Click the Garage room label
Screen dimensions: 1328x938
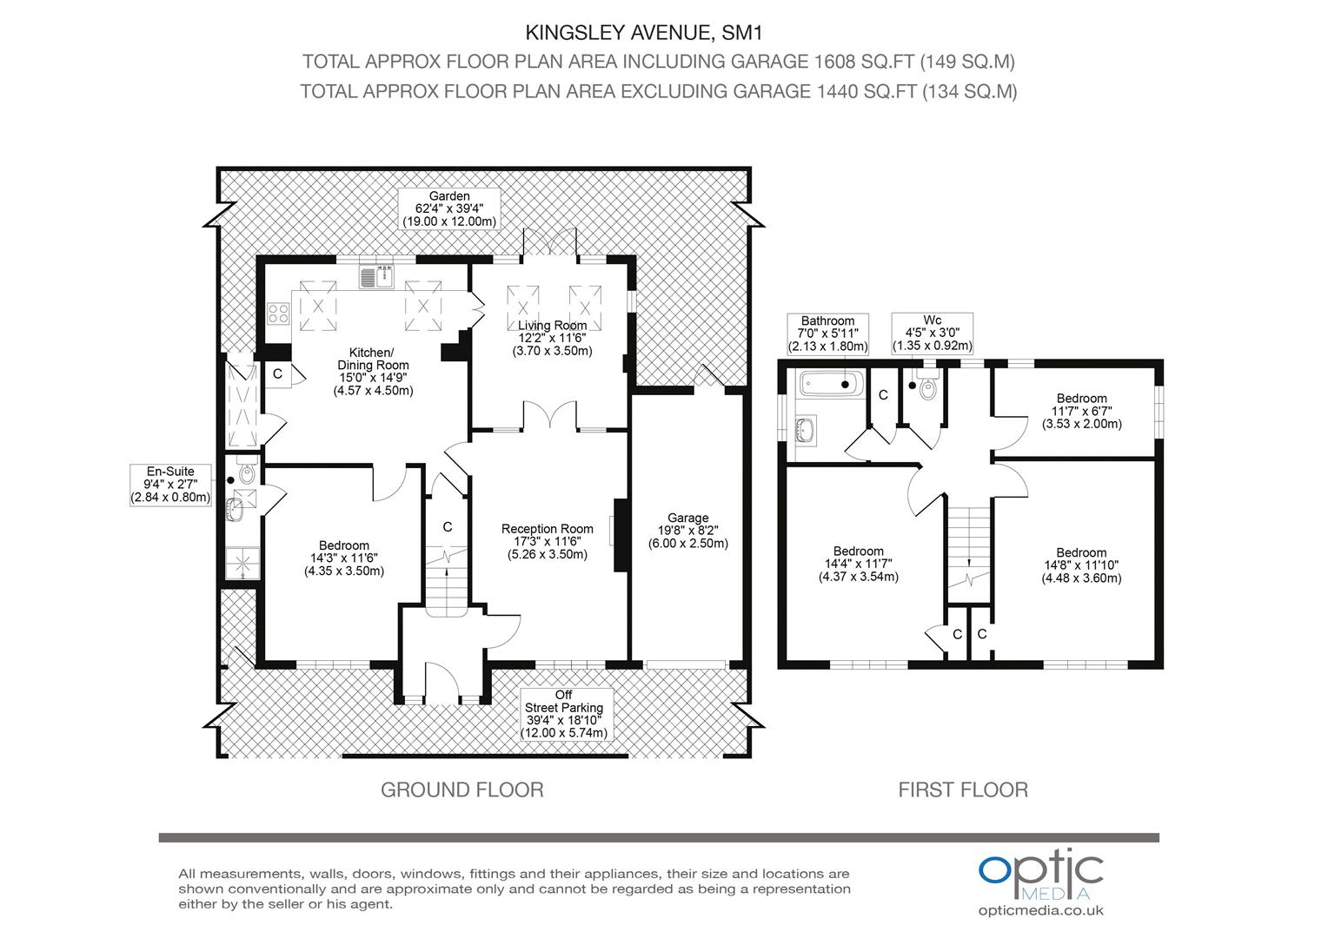pos(687,531)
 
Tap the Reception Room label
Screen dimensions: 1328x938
pos(548,542)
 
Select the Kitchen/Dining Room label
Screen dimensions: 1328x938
pos(373,372)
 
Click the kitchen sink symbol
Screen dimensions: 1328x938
pos(375,277)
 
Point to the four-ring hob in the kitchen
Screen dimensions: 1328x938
pos(278,313)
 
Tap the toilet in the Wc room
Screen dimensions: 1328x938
pos(926,385)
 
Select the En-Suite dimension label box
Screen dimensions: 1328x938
pos(170,485)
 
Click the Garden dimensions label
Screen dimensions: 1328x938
pos(449,208)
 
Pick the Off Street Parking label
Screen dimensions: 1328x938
pos(564,714)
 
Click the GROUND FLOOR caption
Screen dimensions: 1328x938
pos(461,789)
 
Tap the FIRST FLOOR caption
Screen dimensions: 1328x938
pos(963,789)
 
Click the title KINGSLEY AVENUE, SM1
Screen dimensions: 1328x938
pos(644,33)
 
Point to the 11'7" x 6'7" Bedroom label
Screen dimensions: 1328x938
pos(1081,411)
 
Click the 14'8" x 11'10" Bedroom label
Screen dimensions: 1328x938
pos(1081,565)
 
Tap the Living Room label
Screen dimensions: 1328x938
pos(552,338)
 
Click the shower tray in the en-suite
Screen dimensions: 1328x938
pos(242,562)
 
